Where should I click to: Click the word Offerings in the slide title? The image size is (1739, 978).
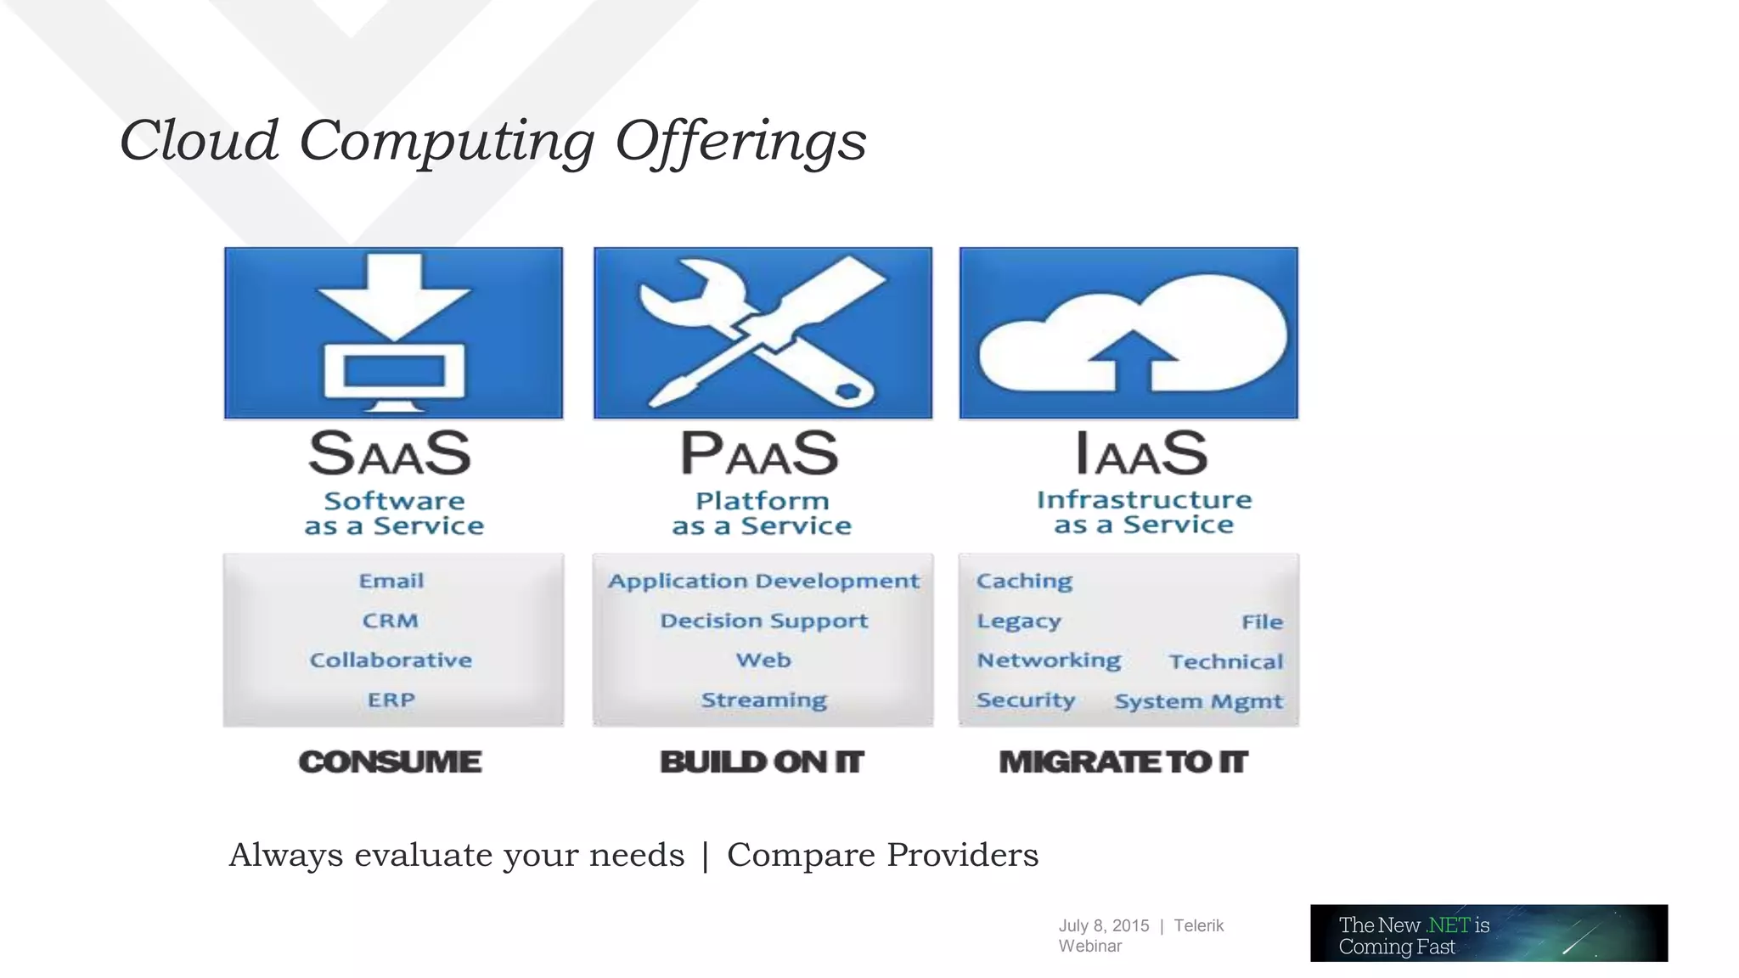point(740,142)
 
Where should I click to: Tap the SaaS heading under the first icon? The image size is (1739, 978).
point(390,453)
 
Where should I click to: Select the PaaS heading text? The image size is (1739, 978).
point(760,453)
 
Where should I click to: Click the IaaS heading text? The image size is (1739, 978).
point(1141,453)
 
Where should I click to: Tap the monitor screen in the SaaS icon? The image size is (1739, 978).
point(394,372)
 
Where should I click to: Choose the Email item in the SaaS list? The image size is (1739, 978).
point(391,582)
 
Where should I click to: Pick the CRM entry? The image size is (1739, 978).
point(391,621)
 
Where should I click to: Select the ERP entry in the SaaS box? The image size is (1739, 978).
point(391,700)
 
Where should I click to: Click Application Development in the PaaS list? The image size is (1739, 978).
point(763,582)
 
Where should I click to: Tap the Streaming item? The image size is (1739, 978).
point(763,700)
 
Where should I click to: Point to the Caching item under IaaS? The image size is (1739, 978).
point(1024,582)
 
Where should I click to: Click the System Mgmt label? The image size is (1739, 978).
point(1198,702)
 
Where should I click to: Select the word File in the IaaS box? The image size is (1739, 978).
point(1262,622)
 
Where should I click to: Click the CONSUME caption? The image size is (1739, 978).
point(390,762)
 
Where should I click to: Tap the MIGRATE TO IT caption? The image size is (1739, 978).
point(1123,762)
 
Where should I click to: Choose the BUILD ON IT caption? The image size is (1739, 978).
point(762,762)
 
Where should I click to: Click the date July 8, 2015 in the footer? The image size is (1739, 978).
point(1103,925)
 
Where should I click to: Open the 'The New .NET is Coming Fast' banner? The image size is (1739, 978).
point(1489,933)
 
